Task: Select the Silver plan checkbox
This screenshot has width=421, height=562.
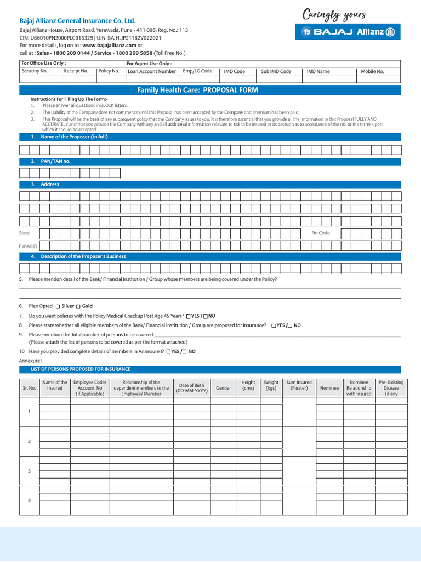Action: (x=58, y=306)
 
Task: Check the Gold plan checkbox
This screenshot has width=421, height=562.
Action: (x=78, y=306)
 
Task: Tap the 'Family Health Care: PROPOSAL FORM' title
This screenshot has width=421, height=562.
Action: (x=197, y=90)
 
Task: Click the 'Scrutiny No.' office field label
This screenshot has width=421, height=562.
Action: (x=35, y=71)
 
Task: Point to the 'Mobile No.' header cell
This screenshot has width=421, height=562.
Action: (x=372, y=71)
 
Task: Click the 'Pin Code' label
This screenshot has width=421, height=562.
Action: (x=321, y=233)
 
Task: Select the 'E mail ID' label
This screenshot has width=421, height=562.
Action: (x=28, y=247)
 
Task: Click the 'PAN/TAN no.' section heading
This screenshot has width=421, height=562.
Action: (x=55, y=161)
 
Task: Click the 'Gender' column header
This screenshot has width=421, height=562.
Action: (x=223, y=388)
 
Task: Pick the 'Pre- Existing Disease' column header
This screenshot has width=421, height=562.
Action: (x=391, y=388)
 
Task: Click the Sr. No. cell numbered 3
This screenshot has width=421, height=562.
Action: (x=29, y=471)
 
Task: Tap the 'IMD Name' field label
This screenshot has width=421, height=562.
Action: (x=318, y=71)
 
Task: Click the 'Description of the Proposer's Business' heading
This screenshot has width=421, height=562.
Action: (x=83, y=256)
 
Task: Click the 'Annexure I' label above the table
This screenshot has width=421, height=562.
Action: (x=31, y=360)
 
